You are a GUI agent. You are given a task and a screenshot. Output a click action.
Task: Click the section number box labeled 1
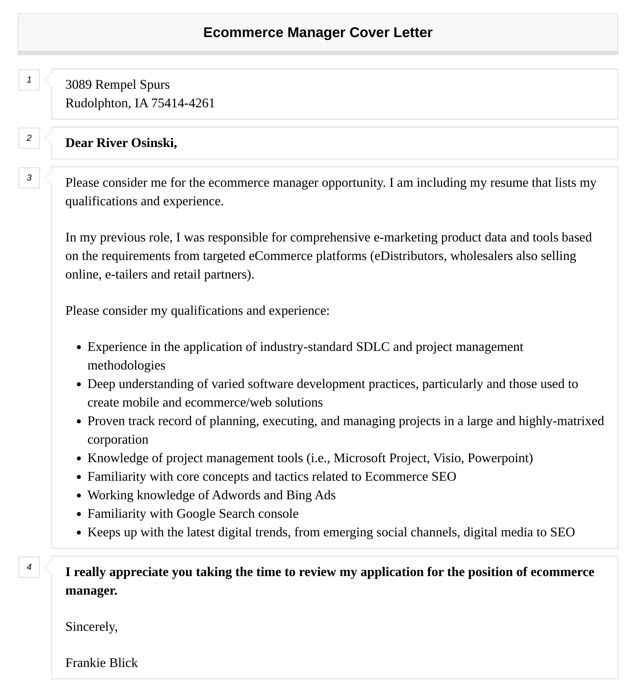tap(29, 80)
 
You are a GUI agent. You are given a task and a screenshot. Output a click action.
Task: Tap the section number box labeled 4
tap(29, 567)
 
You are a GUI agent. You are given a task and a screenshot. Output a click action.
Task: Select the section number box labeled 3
tap(29, 177)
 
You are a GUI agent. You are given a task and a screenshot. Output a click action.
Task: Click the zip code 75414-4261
tap(183, 103)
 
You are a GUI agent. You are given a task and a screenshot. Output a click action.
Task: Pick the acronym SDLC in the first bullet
tap(373, 347)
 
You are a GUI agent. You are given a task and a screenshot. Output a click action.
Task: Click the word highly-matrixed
tap(561, 421)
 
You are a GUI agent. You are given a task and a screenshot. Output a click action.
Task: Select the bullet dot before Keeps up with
tap(79, 533)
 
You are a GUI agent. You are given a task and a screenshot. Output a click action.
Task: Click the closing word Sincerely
tap(91, 626)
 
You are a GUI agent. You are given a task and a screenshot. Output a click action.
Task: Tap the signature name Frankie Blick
tap(102, 663)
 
